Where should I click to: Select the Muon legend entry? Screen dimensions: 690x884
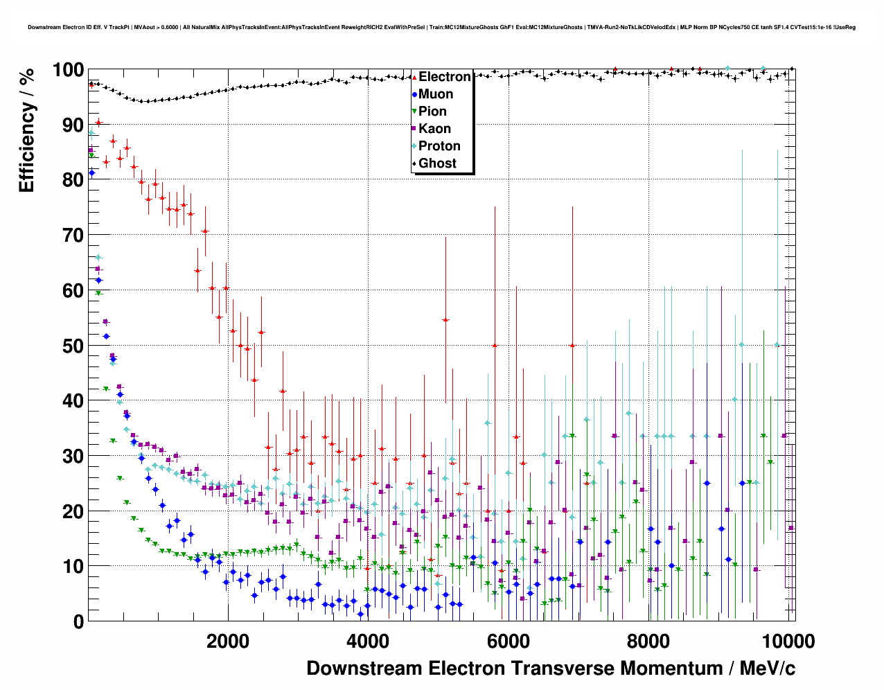point(436,94)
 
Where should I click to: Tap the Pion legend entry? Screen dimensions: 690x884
point(432,112)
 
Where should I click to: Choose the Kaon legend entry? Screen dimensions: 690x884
point(434,129)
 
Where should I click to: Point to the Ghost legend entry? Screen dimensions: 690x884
point(437,163)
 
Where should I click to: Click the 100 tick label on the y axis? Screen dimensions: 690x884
point(68,70)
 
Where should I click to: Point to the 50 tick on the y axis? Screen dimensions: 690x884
point(73,346)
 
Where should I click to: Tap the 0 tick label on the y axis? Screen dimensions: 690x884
point(78,621)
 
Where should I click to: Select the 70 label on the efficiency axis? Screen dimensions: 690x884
point(73,236)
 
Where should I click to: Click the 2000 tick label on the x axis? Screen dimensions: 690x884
point(228,641)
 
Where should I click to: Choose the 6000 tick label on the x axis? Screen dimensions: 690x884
point(508,641)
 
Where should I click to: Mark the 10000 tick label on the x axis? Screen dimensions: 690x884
point(787,641)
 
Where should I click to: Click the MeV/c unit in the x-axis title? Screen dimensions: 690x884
point(767,669)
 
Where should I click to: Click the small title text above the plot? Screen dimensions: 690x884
point(441,28)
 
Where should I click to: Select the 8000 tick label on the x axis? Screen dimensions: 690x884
point(648,641)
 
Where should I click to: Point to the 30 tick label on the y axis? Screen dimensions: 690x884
point(73,456)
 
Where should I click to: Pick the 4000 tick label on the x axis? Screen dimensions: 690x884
point(368,641)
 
